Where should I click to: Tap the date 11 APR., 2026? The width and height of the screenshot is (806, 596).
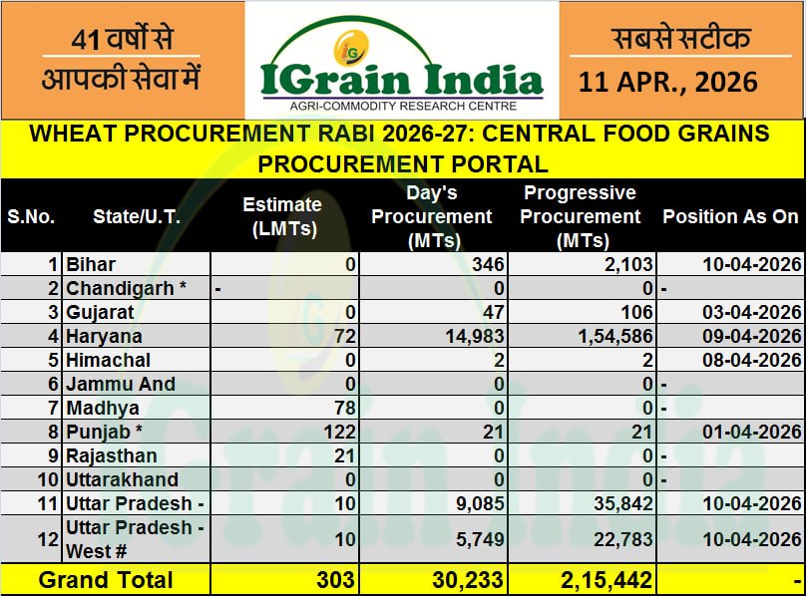(x=667, y=81)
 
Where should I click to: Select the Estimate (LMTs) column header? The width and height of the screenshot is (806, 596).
(x=282, y=216)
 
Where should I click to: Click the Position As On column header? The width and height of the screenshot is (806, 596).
(x=730, y=216)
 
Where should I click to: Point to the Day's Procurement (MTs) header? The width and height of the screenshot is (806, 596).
(x=432, y=216)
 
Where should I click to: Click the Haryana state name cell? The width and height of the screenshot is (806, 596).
(x=104, y=336)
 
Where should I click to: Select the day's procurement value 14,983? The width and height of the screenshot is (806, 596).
(x=470, y=336)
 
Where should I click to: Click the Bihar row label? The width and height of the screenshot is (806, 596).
(x=91, y=264)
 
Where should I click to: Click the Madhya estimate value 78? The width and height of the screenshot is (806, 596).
(x=345, y=408)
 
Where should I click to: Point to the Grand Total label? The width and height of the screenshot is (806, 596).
(x=106, y=580)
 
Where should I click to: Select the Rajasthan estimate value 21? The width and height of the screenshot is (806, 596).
(x=345, y=455)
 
